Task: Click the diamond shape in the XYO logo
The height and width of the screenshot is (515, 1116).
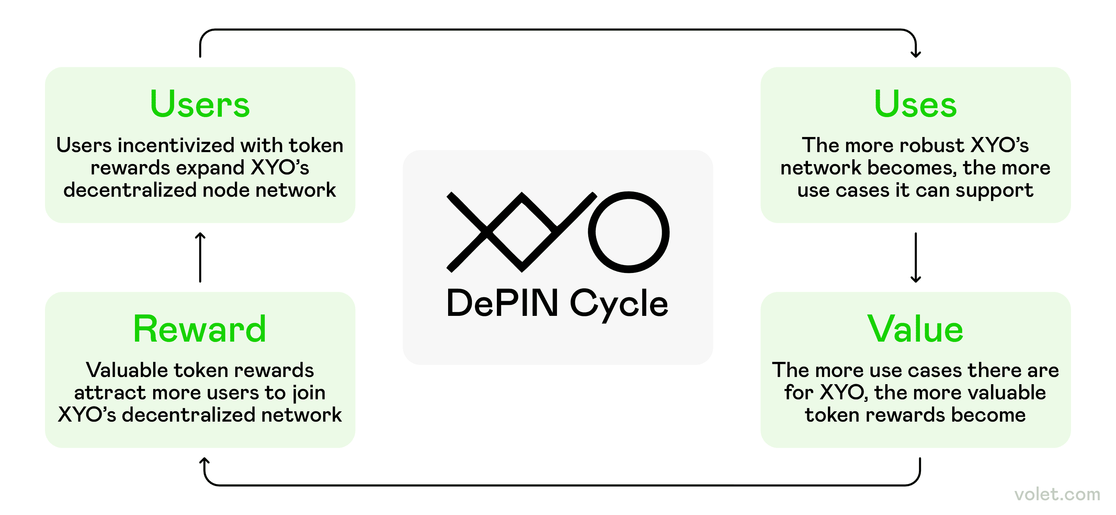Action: coord(522,232)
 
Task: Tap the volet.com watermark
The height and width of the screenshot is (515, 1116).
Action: coord(1057,494)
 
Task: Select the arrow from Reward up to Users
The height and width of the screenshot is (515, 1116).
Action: coord(200,257)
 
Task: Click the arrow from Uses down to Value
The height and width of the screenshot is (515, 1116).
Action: coord(915,257)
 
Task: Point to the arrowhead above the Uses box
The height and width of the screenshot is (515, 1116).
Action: coord(915,53)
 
